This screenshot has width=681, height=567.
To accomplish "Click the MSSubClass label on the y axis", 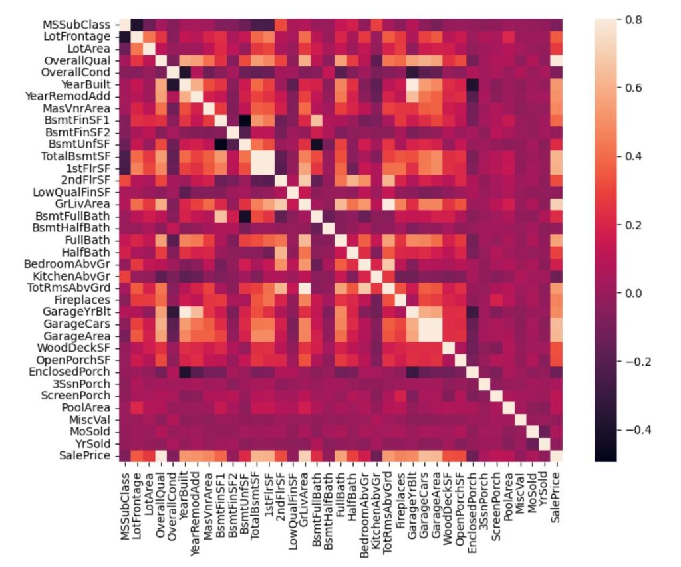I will [x=76, y=25].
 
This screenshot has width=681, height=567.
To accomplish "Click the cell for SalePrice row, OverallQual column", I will [x=161, y=455].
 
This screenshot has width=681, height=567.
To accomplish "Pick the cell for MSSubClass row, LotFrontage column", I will [x=137, y=25].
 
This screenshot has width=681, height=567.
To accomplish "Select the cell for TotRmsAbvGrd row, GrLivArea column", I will [x=305, y=288].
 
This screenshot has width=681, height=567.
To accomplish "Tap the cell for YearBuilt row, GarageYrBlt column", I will [x=412, y=84].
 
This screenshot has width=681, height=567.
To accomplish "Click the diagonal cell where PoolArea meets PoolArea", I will [x=508, y=407].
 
